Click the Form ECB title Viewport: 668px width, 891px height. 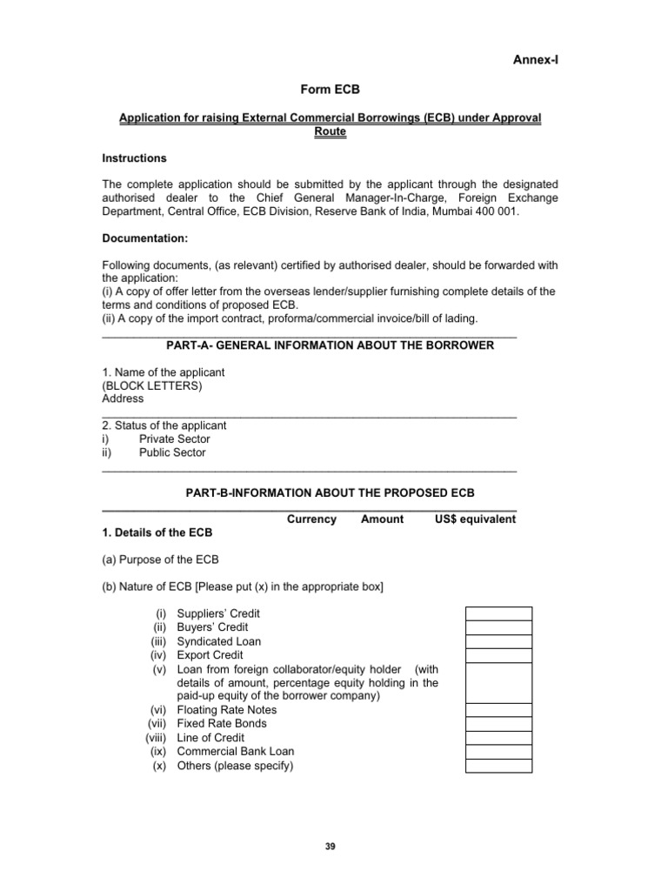tap(330, 89)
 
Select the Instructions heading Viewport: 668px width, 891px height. tap(134, 158)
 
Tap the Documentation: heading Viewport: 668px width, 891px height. tap(144, 238)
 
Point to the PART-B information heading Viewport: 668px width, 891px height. tap(331, 492)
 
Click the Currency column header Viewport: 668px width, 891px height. tap(311, 519)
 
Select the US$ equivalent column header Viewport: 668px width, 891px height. tap(475, 519)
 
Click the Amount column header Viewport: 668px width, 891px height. tap(382, 519)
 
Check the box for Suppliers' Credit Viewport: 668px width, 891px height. tap(498, 613)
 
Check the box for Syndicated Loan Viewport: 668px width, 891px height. tap(498, 641)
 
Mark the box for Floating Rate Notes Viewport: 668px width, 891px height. tap(498, 710)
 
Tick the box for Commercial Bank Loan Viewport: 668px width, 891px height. tap(498, 752)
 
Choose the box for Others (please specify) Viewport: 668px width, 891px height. tap(498, 766)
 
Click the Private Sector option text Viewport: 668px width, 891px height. tap(174, 439)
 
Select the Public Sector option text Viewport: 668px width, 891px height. tap(172, 452)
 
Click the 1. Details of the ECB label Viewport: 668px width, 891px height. tap(157, 533)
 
